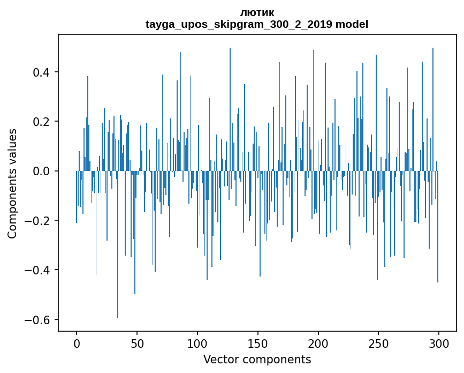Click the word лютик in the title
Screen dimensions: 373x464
tap(257, 13)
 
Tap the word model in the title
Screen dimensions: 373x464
tap(352, 24)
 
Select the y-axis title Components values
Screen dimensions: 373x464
tap(12, 183)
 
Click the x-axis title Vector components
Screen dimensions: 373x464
tap(257, 359)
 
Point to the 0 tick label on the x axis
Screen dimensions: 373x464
tap(77, 343)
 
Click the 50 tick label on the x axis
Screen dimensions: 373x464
tap(137, 343)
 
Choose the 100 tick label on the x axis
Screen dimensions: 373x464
tap(197, 343)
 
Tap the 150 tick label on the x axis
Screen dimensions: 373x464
tap(258, 343)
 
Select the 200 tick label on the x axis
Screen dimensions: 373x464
tap(318, 343)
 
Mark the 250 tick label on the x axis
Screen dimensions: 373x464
tap(379, 343)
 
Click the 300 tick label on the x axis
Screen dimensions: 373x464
tap(439, 343)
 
